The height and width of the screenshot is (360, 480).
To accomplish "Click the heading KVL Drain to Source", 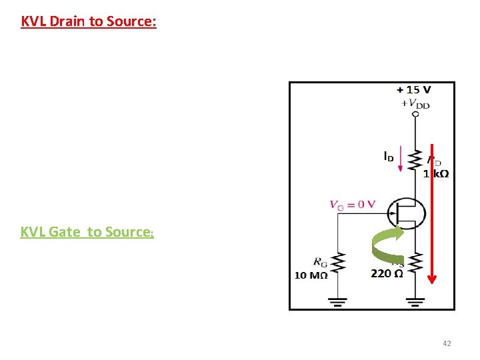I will click(x=89, y=21).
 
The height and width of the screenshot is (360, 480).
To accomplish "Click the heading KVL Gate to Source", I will click(x=87, y=232).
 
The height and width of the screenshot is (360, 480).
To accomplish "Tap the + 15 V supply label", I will click(x=413, y=89).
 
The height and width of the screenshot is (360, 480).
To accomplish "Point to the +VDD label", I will click(x=416, y=103).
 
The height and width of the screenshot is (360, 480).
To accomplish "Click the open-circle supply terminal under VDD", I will click(x=415, y=114).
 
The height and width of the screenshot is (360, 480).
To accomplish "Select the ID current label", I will click(x=388, y=157).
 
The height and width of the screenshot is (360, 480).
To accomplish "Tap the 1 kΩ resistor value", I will click(x=436, y=174).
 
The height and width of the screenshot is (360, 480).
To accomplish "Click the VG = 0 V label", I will click(x=352, y=205).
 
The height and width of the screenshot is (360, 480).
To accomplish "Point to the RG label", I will click(x=319, y=261).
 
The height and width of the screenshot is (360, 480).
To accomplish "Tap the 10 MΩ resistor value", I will click(x=311, y=275).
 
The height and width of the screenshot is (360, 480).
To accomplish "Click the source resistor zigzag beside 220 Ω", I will click(x=415, y=263).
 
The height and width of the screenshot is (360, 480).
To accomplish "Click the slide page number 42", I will click(x=447, y=343).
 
